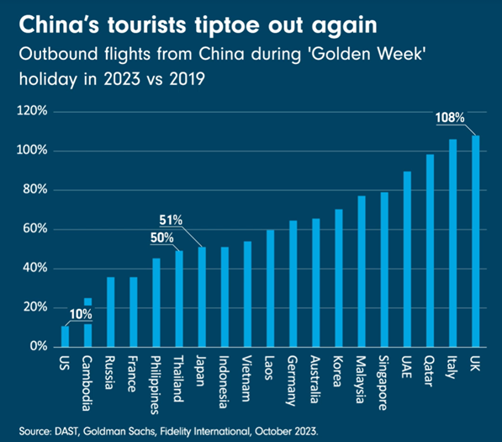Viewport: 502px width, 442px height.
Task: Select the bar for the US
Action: tap(66, 336)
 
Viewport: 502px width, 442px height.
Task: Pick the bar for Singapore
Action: tap(384, 269)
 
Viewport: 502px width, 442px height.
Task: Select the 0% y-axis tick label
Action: tap(41, 346)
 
